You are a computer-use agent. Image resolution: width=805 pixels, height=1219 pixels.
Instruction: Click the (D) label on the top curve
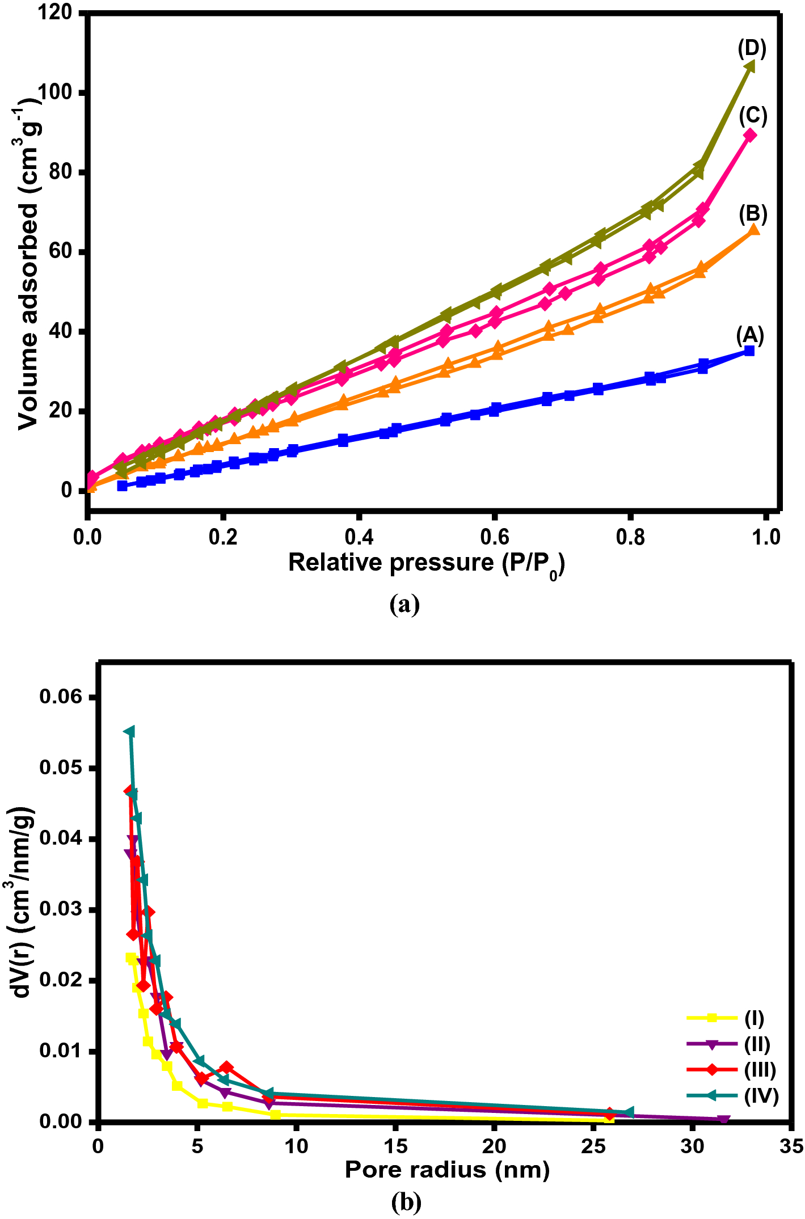[x=752, y=49]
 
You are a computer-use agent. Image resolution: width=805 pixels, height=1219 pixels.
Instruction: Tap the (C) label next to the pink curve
[x=753, y=116]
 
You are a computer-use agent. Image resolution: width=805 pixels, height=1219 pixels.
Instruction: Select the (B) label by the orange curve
[x=753, y=214]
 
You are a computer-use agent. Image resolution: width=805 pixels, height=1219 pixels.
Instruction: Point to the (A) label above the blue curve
[x=750, y=335]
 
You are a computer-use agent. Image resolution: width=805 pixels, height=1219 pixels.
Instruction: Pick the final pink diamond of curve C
[x=750, y=135]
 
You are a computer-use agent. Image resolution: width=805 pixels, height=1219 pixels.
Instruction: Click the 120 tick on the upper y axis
[x=55, y=12]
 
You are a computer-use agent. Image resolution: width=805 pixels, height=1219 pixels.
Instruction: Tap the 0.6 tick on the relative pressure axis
[x=494, y=537]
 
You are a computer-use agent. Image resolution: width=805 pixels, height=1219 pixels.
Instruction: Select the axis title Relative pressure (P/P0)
[x=426, y=564]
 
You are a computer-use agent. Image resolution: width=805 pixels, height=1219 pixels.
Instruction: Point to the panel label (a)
[x=404, y=605]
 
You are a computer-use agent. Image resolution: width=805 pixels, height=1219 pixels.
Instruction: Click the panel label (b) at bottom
[x=406, y=1201]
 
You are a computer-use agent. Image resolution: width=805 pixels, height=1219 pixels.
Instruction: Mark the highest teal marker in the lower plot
[x=130, y=732]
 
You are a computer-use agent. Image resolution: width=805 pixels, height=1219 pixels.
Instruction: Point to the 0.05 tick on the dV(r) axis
[x=60, y=768]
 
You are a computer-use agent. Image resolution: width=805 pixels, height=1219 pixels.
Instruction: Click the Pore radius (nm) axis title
[x=447, y=1170]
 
